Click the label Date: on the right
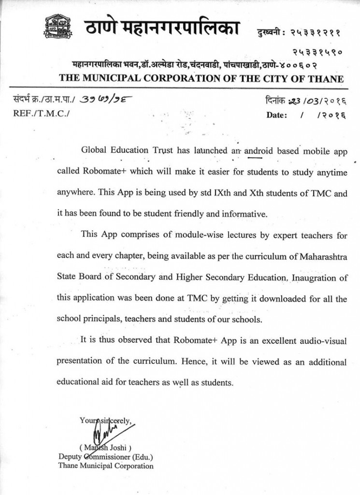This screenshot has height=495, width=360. pyautogui.click(x=276, y=115)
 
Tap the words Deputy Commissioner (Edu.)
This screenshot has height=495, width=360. pyautogui.click(x=106, y=457)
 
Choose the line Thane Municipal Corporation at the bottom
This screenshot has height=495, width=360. pyautogui.click(x=106, y=466)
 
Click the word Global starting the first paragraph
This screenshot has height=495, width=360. pyautogui.click(x=93, y=150)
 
